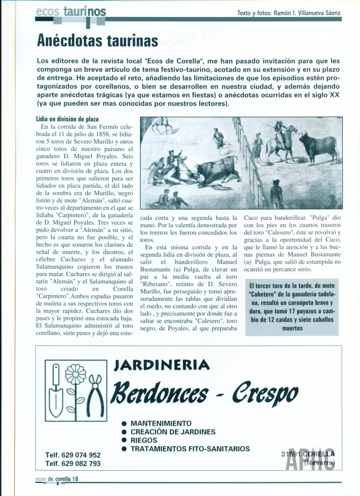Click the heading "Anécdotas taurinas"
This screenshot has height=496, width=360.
(97, 41)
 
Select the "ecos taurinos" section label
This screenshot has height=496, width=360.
(71, 11)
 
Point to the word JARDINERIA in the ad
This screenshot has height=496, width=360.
(162, 365)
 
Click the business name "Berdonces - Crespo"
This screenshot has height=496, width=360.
(206, 393)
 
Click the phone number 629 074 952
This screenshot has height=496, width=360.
(73, 455)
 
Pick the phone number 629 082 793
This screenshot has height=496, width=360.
(73, 463)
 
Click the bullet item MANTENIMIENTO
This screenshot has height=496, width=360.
(161, 423)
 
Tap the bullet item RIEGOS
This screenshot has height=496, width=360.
(144, 440)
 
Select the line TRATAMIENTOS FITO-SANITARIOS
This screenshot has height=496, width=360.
(190, 449)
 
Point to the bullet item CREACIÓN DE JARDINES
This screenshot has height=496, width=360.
(173, 432)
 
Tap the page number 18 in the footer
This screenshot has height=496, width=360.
(75, 479)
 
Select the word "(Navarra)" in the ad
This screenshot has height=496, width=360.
(319, 462)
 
